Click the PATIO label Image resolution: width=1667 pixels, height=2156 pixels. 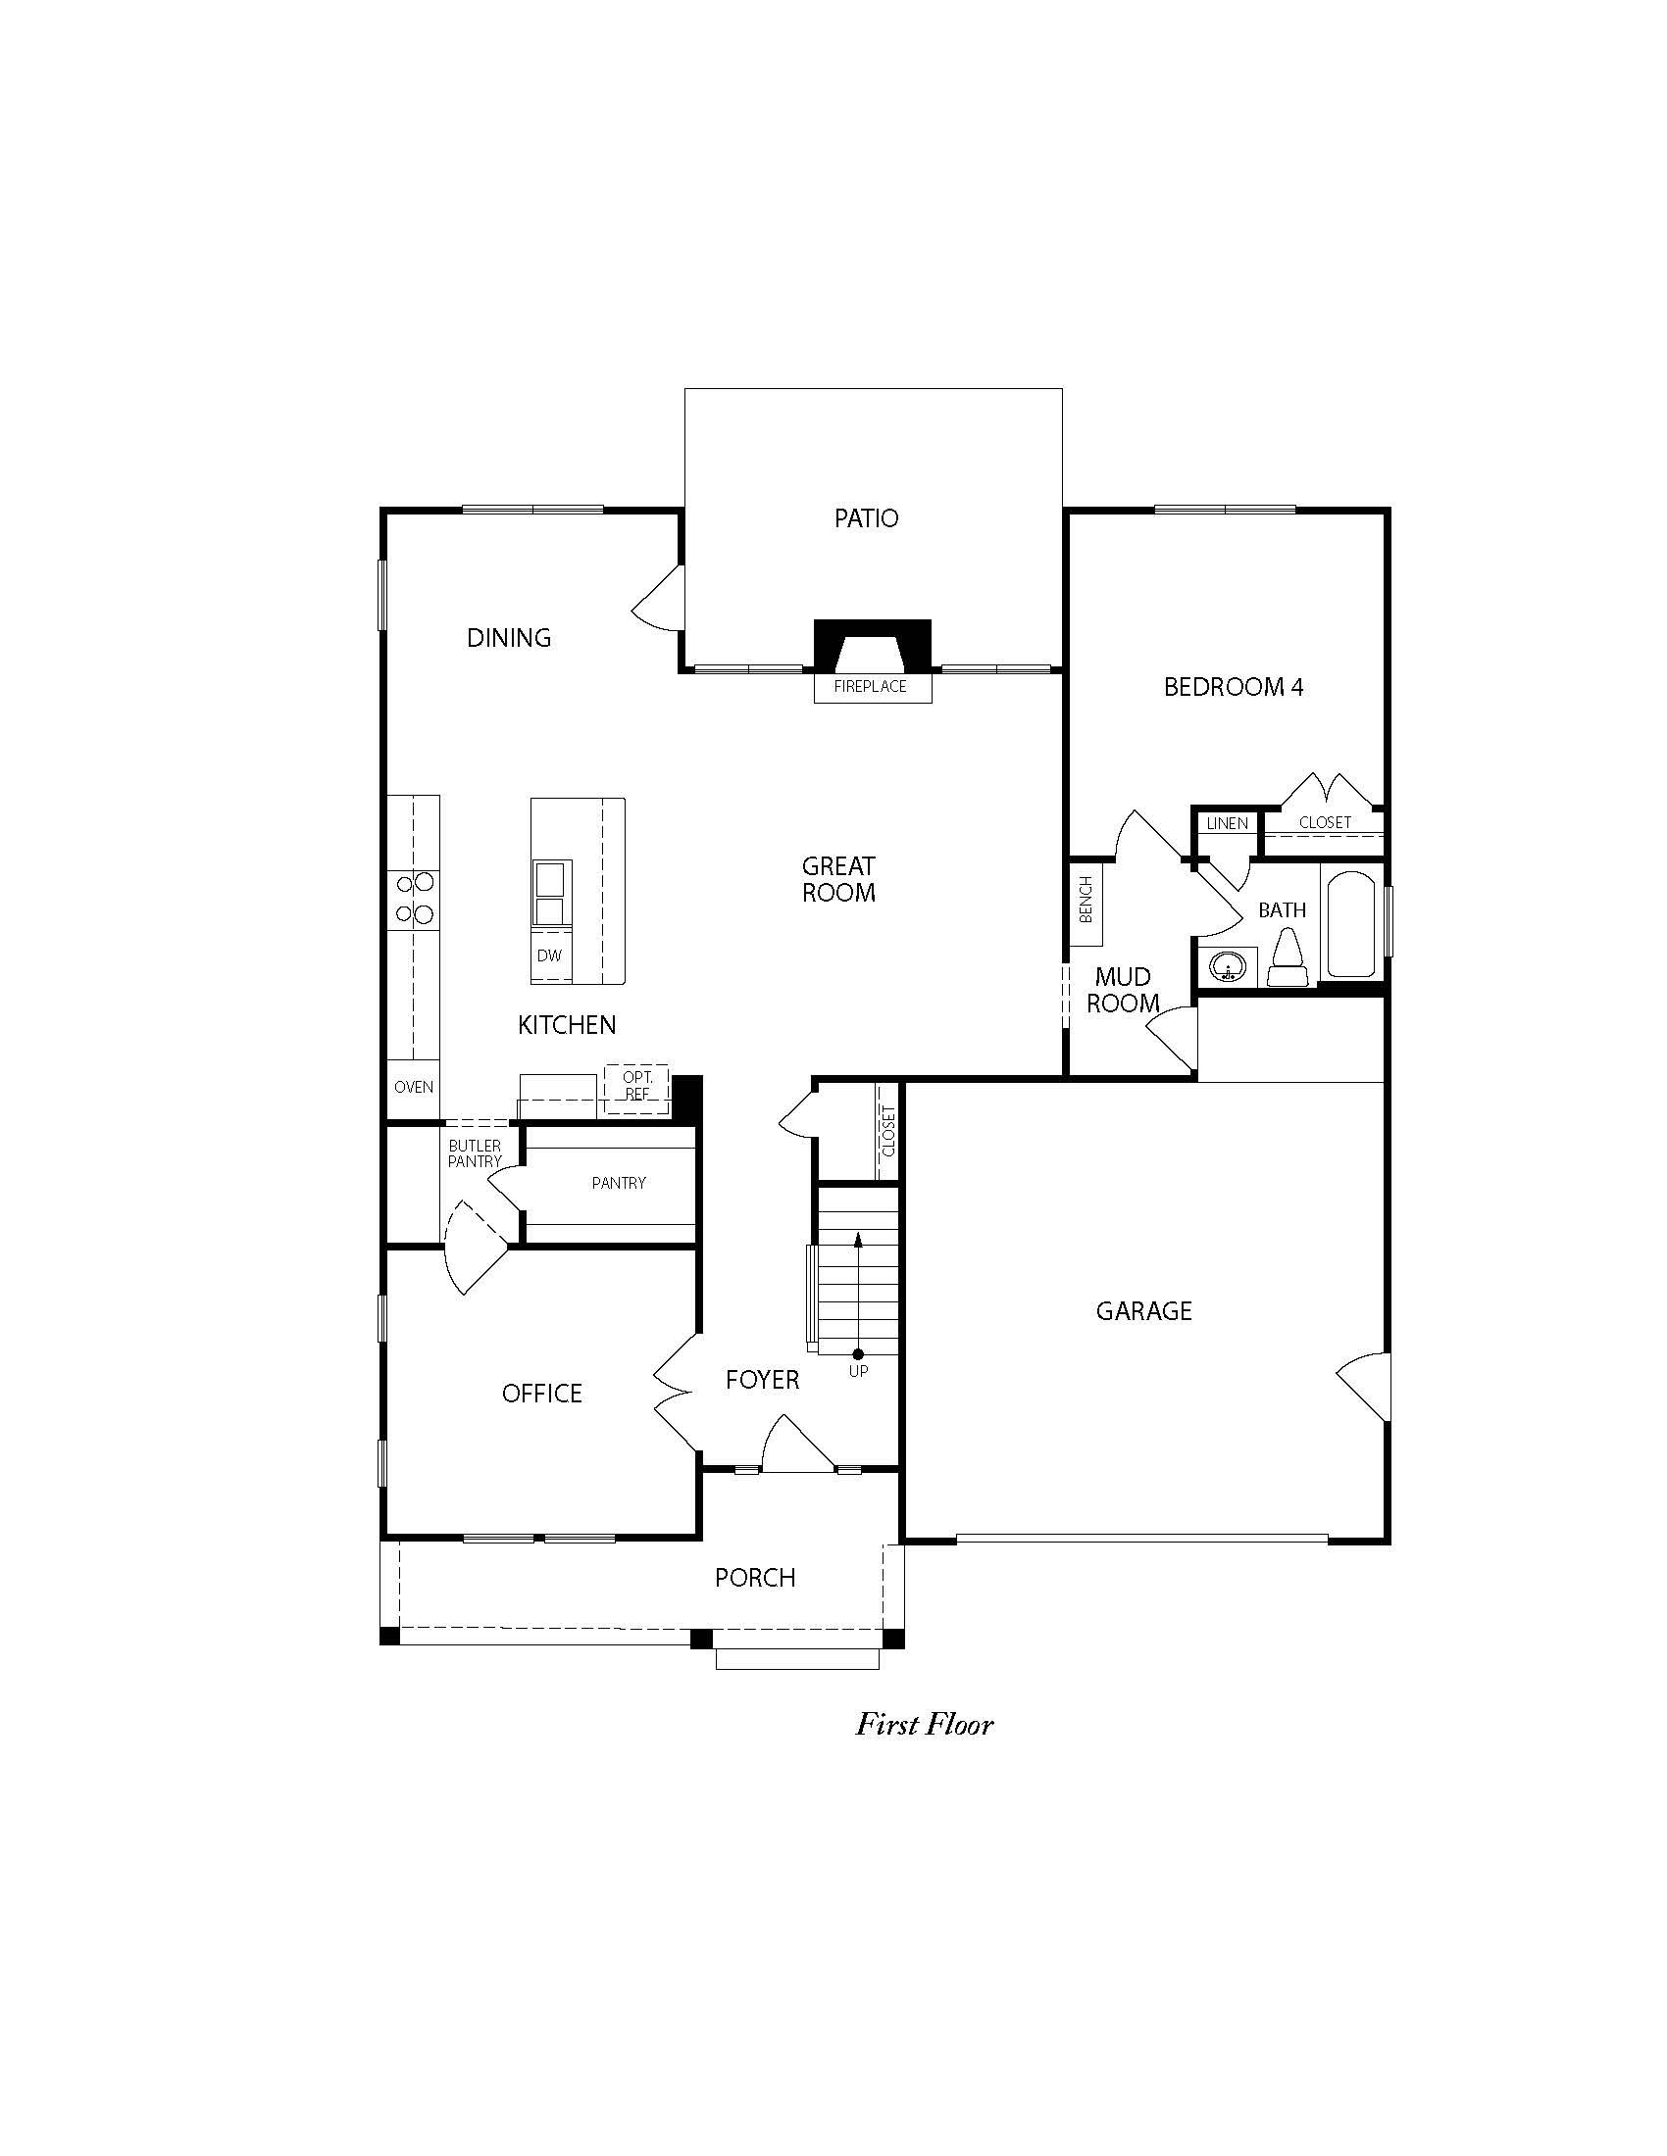click(x=866, y=518)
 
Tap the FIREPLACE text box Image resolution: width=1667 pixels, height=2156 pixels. click(x=872, y=687)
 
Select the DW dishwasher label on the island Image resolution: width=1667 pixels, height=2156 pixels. click(x=549, y=955)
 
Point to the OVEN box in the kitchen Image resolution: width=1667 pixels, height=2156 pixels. click(x=413, y=1087)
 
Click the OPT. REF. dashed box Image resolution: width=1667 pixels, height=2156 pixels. click(x=637, y=1090)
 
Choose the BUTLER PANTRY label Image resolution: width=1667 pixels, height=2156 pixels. click(x=475, y=1154)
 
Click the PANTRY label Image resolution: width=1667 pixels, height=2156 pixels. click(x=619, y=1183)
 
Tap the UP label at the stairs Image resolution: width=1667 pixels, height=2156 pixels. click(x=858, y=1371)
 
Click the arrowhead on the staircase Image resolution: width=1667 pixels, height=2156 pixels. click(x=858, y=1238)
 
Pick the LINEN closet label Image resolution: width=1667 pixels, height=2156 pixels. click(x=1227, y=823)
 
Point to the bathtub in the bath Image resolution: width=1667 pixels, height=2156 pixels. click(x=1350, y=922)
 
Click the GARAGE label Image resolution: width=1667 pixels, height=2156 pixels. click(x=1143, y=1311)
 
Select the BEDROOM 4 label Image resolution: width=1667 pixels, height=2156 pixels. click(x=1234, y=687)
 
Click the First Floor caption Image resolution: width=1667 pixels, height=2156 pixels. click(x=925, y=1725)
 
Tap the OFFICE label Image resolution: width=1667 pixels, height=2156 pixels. click(x=542, y=1393)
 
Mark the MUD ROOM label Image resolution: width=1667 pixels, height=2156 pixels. click(x=1123, y=990)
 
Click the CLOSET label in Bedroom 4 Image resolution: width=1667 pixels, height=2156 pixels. click(x=1325, y=822)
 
